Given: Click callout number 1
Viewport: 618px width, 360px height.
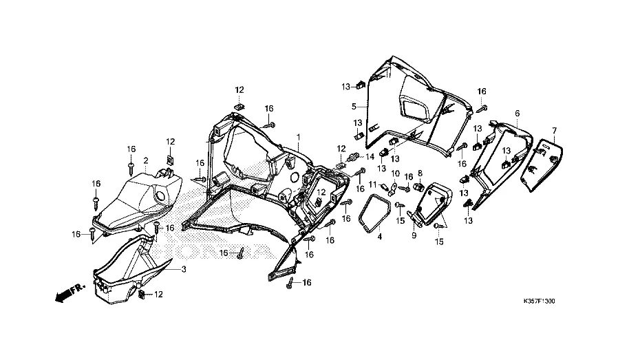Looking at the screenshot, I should pos(298,137).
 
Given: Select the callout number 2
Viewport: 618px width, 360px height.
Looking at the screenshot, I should pos(146,160).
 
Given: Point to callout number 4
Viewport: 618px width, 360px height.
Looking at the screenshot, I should pos(379,235).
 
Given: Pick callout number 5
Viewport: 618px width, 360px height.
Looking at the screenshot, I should pos(354,107).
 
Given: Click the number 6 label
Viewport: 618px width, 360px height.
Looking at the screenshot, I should pos(517,113).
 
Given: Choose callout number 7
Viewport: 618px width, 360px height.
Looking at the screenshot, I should pos(554,130).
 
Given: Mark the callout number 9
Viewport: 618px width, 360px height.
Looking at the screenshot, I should pos(414,235).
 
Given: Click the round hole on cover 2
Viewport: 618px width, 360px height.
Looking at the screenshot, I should pos(160,197).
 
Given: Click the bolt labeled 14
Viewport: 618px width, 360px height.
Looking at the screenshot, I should pos(355,158).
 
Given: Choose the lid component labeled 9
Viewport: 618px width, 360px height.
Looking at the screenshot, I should pos(434,202).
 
